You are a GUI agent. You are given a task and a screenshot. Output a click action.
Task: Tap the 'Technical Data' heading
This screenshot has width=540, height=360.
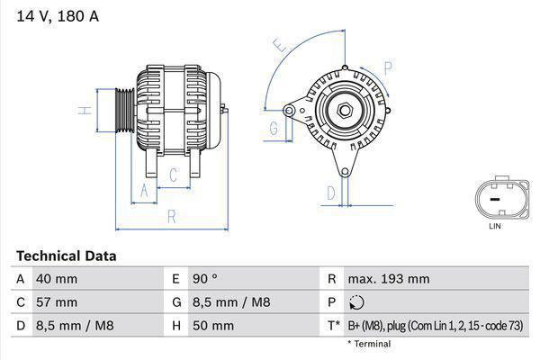[x=66, y=256]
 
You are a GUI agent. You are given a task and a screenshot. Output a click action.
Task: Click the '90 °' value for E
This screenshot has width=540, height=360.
[x=207, y=279]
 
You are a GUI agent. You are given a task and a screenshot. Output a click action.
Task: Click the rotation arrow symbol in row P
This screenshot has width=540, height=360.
[x=358, y=302]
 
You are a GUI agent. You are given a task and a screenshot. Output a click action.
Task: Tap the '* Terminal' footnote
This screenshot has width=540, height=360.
[x=369, y=344]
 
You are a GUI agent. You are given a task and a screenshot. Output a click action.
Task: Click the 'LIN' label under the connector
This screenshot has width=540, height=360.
[x=494, y=227]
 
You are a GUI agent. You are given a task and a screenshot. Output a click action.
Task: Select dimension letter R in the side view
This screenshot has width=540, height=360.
[x=172, y=217]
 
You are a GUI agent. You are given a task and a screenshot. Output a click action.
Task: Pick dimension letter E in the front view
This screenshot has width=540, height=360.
[x=280, y=43]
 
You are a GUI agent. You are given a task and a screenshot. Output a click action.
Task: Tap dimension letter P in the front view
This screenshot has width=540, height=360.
[x=388, y=67]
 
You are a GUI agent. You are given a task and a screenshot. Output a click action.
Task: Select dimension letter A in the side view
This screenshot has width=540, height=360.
[x=141, y=190]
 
